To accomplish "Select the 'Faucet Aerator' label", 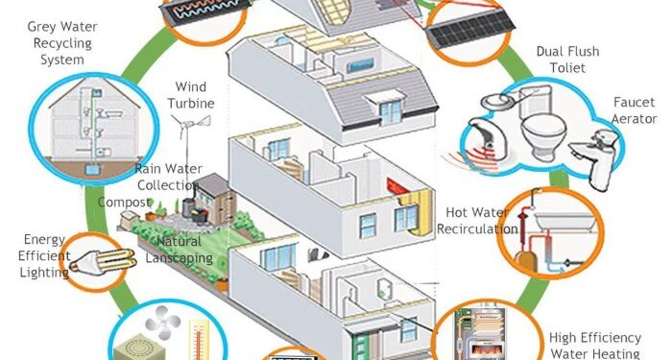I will point(636,111).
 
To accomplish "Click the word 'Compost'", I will point(126,202).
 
